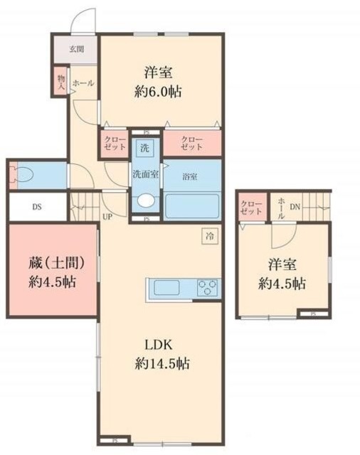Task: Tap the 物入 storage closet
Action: coord(61,80)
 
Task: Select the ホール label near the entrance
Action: coord(83,83)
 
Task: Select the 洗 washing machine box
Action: coord(144,149)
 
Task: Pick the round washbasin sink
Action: coord(145,201)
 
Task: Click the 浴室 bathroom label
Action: coord(189,175)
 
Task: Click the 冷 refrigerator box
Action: coord(210,235)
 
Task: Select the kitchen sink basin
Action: coord(166,288)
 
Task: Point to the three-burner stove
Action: coord(207,288)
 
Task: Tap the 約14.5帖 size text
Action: coord(162,363)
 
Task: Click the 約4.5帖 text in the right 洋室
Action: coord(282,283)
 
